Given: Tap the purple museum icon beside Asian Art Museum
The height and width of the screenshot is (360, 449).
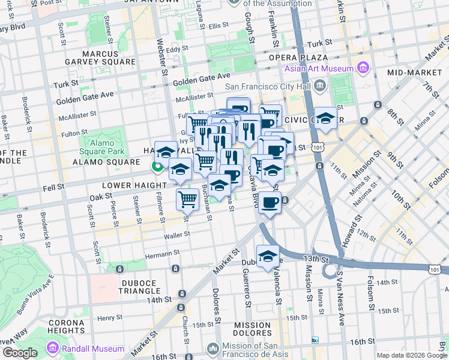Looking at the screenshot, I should tap(363, 68).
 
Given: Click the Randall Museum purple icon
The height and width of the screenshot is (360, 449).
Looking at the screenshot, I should tap(52, 347).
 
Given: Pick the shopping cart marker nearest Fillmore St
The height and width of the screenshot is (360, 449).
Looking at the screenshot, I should tap(188, 200).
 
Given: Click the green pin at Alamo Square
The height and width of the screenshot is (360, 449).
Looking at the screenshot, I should tap(158, 167).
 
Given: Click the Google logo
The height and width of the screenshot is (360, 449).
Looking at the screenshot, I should tap(20, 353).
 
